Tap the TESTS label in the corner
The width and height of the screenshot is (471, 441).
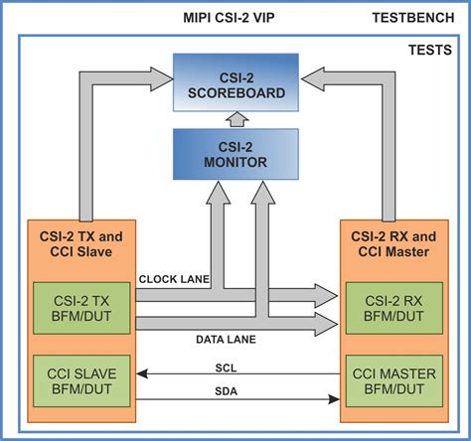pyautogui.click(x=433, y=49)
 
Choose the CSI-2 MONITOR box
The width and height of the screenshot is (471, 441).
pyautogui.click(x=235, y=151)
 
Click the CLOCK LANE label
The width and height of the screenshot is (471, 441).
pyautogui.click(x=174, y=279)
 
